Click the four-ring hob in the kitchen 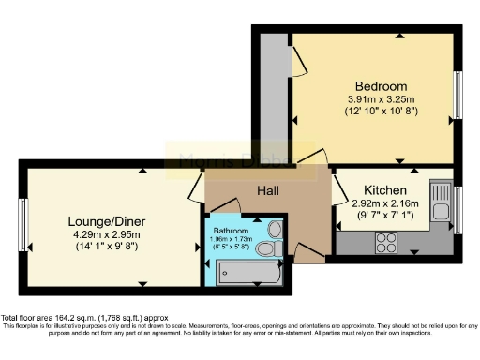(x=386, y=241)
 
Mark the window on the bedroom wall (x=460, y=95)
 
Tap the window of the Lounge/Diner (x=22, y=222)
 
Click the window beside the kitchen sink (x=457, y=205)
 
